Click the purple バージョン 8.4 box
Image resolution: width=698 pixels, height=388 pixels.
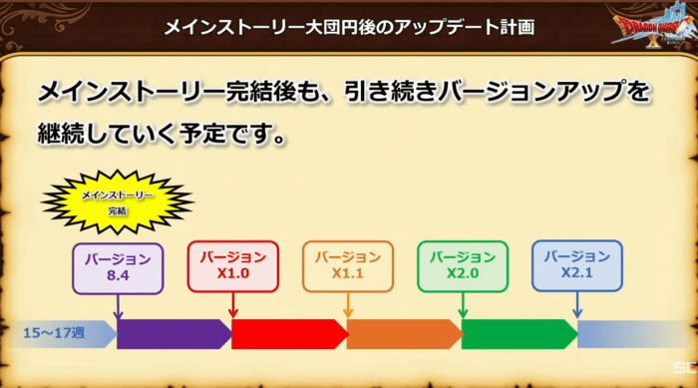(118, 268)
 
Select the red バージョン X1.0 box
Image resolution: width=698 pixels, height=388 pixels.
(232, 267)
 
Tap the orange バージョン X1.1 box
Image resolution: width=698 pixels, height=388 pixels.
(348, 267)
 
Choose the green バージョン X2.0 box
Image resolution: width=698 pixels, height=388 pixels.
(463, 267)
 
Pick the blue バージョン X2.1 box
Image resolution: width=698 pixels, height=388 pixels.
(577, 266)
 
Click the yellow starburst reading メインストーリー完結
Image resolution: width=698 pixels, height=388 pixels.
(118, 201)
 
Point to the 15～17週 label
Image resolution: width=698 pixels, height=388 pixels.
(54, 333)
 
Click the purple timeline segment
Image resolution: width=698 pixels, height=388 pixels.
(174, 334)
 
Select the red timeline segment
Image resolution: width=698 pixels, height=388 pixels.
(289, 334)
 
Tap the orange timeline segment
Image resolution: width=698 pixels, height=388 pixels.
(404, 334)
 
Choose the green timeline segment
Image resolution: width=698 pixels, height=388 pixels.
(520, 334)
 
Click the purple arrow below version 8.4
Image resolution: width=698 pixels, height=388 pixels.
(118, 307)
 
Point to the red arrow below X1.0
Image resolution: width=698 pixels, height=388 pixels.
(232, 305)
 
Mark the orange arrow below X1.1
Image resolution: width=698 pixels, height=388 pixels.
(348, 305)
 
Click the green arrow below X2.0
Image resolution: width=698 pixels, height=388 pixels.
(463, 305)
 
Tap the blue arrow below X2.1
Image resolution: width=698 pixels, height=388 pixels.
(577, 305)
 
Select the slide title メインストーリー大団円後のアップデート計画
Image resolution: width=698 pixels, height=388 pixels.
(349, 27)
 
